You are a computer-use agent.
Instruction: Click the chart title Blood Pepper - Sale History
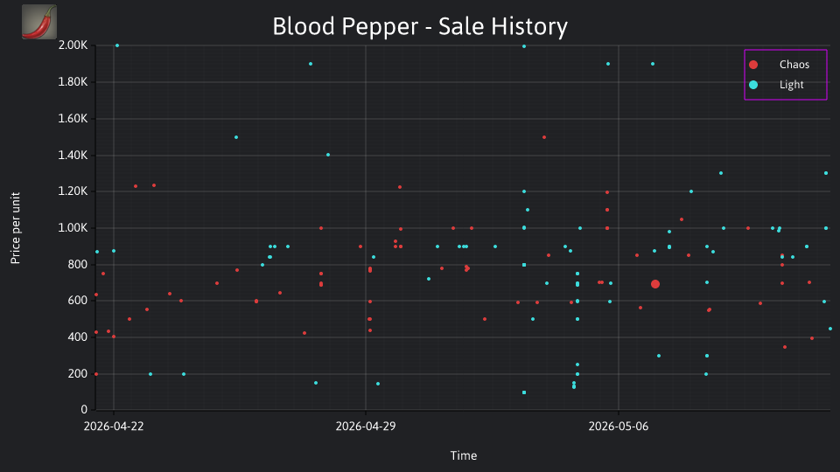tap(420, 26)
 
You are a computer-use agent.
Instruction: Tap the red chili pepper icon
tap(39, 22)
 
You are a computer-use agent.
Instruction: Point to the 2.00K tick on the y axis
tap(73, 45)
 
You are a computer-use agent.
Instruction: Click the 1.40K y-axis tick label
tap(73, 156)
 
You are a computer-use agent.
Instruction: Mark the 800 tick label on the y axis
tap(78, 264)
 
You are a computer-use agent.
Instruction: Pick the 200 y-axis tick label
tap(78, 373)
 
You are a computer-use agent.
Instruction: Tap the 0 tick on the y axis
tap(84, 409)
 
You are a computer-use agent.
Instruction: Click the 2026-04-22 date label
tap(114, 427)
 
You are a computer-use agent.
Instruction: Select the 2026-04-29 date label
tap(366, 427)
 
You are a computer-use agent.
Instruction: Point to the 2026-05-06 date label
tap(619, 427)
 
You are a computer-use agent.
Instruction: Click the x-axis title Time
tap(464, 455)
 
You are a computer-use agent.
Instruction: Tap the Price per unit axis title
tap(15, 228)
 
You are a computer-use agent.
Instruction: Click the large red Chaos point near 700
tap(655, 284)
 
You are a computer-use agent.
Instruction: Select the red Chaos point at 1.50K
tap(544, 137)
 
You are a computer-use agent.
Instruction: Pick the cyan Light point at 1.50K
tap(236, 137)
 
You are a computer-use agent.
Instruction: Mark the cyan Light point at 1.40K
tap(328, 156)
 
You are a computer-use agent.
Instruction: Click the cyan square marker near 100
tap(524, 392)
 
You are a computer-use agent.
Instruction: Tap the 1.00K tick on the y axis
tap(73, 228)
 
